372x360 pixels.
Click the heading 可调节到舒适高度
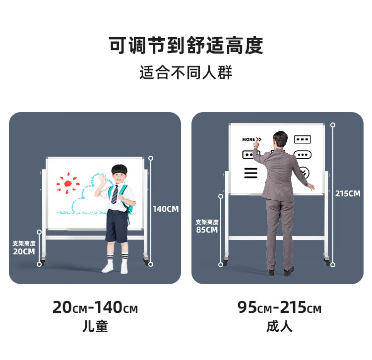(x=186, y=45)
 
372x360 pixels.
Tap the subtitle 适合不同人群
(x=186, y=72)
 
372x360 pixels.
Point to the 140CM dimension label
(x=166, y=209)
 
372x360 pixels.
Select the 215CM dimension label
(x=348, y=193)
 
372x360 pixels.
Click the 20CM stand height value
(x=24, y=251)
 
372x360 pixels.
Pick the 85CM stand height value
(x=207, y=230)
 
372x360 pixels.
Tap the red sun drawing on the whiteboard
(x=68, y=183)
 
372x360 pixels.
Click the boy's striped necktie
(x=115, y=194)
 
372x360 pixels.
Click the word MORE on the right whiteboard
(x=248, y=139)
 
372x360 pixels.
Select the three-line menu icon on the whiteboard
(x=251, y=173)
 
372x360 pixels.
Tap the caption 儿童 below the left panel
(x=95, y=326)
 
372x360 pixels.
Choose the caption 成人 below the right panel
(x=279, y=326)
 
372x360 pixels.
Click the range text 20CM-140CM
(x=95, y=307)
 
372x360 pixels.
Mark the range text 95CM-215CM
(x=279, y=307)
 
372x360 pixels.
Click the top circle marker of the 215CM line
(x=333, y=125)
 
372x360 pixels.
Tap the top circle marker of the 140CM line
(x=151, y=158)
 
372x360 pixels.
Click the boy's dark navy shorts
(x=117, y=226)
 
